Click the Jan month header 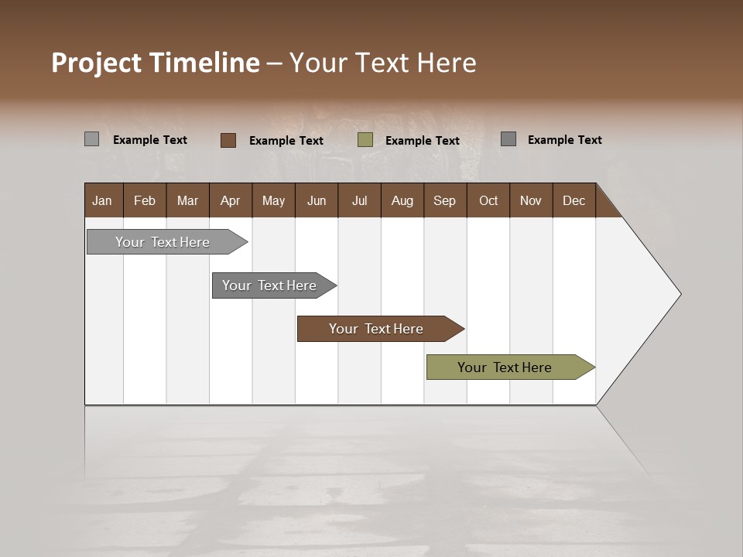[102, 200]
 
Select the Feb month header [145, 200]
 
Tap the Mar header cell [187, 200]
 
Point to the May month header [273, 200]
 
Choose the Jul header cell [359, 200]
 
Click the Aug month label [402, 200]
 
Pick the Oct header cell [488, 200]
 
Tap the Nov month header [531, 200]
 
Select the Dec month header [574, 200]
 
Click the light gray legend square [91, 139]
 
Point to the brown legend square [228, 140]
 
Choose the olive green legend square [365, 140]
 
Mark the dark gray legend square [508, 139]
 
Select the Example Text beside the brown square [286, 140]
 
